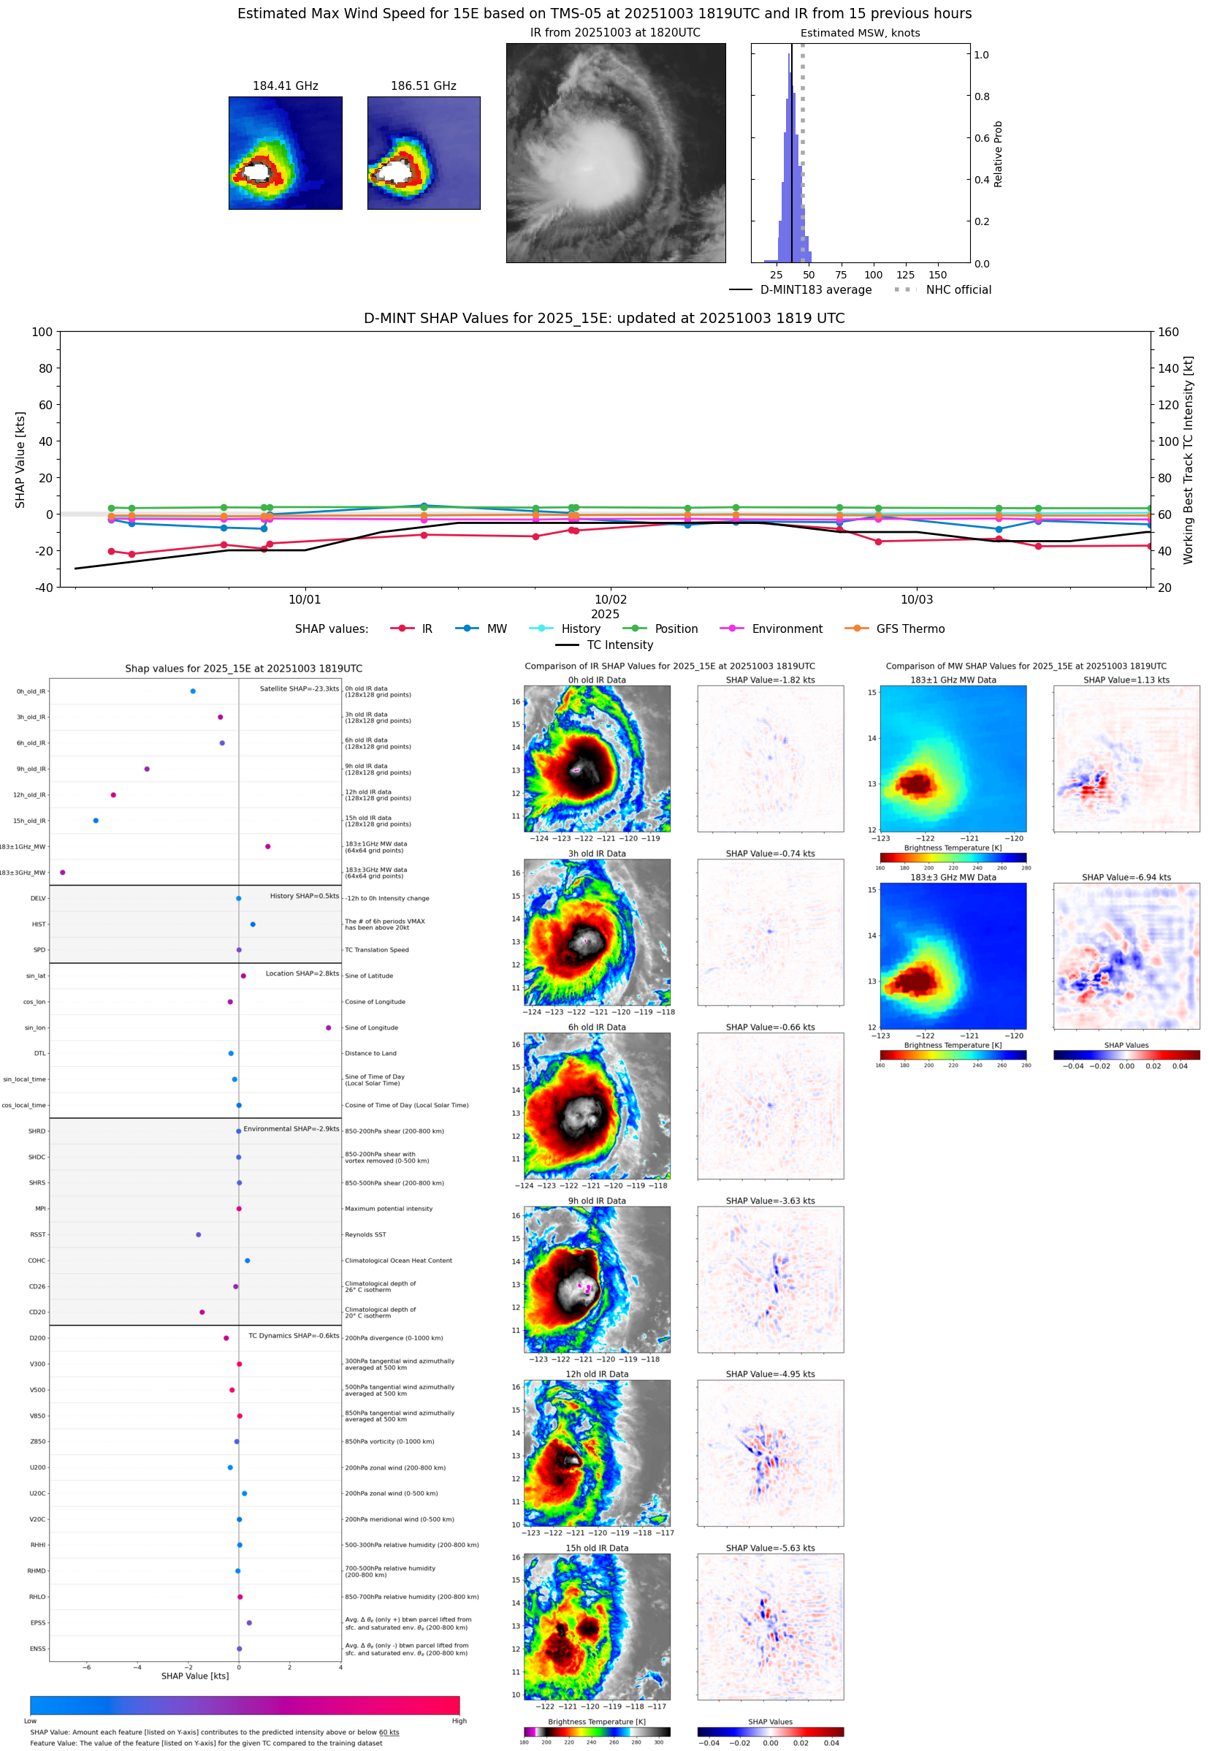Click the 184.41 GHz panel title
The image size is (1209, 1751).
(x=285, y=86)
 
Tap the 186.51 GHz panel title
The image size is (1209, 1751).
(x=423, y=86)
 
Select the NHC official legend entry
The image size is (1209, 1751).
(x=958, y=289)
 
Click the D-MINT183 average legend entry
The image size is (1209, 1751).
(x=815, y=289)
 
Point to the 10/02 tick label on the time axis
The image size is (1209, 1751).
(x=610, y=599)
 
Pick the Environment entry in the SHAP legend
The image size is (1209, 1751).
(x=786, y=629)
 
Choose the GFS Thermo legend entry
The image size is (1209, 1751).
(x=909, y=629)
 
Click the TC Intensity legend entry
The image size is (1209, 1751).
(x=619, y=645)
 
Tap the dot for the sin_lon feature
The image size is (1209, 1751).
(x=328, y=1028)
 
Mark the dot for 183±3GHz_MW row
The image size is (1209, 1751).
(x=62, y=872)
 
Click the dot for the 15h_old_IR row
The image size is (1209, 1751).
(x=96, y=821)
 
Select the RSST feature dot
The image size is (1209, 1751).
(x=199, y=1234)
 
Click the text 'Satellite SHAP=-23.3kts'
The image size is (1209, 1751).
(x=299, y=688)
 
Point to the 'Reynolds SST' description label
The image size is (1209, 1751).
(x=365, y=1234)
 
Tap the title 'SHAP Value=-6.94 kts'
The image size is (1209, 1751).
(x=1126, y=878)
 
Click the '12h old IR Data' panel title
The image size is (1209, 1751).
(x=597, y=1374)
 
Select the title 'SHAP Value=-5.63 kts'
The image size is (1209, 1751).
(x=770, y=1548)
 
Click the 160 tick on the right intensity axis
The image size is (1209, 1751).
(x=1168, y=332)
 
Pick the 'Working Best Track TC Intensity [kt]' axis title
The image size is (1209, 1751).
(x=1188, y=459)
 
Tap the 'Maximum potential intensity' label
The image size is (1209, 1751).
(x=389, y=1209)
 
